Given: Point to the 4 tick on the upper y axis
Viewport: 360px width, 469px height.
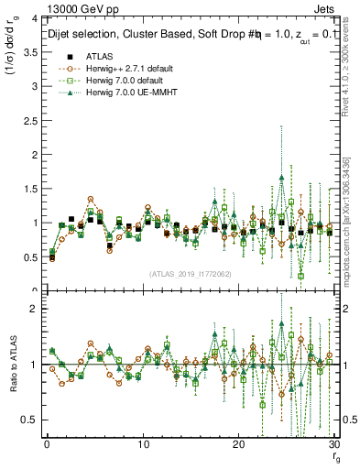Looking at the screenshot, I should tap(34, 19).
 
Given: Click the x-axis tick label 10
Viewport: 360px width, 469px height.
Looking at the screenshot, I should tap(143, 445).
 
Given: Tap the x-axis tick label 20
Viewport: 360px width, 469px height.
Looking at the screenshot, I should tap(239, 445).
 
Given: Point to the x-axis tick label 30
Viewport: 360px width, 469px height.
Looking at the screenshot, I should tap(333, 445).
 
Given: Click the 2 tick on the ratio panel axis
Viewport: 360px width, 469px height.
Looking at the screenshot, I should tap(34, 310).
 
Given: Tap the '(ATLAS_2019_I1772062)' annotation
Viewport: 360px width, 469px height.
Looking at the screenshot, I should tap(191, 273).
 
